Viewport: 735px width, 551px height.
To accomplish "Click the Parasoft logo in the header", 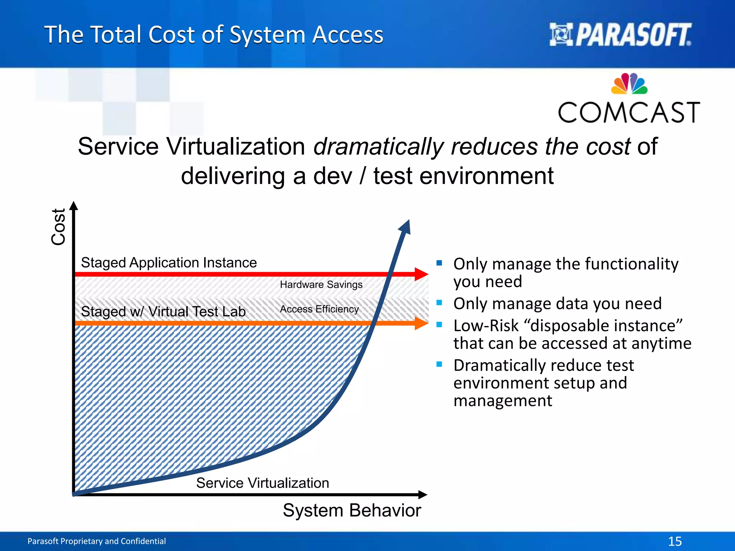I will (620, 35).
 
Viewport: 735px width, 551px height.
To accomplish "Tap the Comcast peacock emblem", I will (629, 84).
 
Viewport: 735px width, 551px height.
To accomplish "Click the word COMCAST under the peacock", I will (629, 113).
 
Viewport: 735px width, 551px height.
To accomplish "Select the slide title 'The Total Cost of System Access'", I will (214, 35).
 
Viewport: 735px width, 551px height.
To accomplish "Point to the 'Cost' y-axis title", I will (58, 227).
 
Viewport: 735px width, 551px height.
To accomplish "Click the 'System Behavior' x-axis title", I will (352, 510).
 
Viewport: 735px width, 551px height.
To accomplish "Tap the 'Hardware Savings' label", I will (321, 284).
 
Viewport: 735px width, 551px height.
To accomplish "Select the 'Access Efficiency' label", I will (319, 309).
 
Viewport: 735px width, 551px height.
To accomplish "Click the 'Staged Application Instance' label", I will (169, 263).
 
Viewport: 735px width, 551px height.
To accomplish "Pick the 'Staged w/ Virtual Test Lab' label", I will (163, 311).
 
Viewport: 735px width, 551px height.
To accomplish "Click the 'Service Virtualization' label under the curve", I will (262, 483).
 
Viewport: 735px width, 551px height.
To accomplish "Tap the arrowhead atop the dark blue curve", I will (405, 227).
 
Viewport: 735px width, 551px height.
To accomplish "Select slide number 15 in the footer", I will (675, 541).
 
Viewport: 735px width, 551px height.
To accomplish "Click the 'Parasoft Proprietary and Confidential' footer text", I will (97, 541).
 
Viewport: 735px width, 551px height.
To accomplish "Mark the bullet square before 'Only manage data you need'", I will (439, 302).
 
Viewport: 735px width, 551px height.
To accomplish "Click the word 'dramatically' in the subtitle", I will (379, 146).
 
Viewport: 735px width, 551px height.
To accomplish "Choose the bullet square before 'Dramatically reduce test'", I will (439, 364).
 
